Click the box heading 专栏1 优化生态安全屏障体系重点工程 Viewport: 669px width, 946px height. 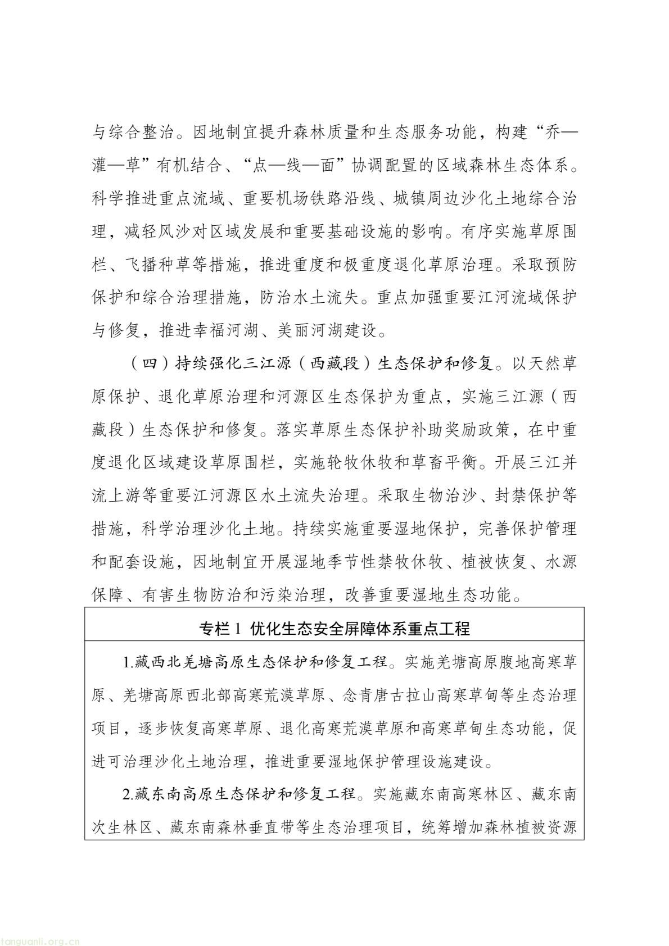[334, 629]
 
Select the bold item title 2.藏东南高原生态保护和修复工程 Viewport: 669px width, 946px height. [239, 794]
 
